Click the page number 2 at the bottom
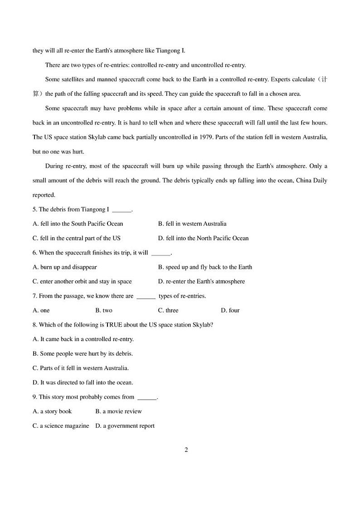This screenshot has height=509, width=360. [x=186, y=450]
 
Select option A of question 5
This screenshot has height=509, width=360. [x=78, y=224]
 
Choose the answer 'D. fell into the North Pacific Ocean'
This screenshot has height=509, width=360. [x=203, y=238]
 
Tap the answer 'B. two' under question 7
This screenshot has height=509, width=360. [x=104, y=310]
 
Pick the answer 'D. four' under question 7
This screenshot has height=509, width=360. [x=230, y=310]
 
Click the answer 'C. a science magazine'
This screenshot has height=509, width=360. [x=61, y=426]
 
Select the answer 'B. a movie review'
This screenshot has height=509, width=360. [x=118, y=411]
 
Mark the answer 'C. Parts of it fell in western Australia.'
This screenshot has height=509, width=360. [x=81, y=368]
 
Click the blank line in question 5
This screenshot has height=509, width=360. [x=121, y=210]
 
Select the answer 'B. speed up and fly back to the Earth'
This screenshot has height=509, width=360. [x=205, y=267]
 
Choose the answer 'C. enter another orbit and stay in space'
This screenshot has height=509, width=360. [x=82, y=281]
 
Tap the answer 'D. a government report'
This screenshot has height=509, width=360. [x=125, y=426]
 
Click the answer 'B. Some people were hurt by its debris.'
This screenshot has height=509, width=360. [x=83, y=353]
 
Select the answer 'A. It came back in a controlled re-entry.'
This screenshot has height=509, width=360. [x=83, y=339]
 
